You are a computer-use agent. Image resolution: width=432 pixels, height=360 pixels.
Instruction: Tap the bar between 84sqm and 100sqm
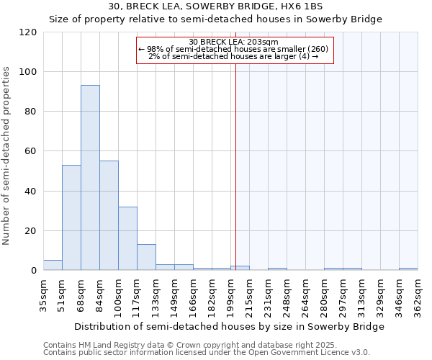click(x=109, y=215)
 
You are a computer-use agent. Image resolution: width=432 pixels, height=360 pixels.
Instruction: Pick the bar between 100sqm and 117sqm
click(x=127, y=238)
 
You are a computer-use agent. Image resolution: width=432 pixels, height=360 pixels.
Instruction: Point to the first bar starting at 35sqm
click(x=53, y=265)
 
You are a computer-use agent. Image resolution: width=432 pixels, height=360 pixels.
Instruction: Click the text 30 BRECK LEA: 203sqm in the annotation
click(x=234, y=42)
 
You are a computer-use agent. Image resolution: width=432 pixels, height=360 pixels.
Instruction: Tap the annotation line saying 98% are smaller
click(x=234, y=49)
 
